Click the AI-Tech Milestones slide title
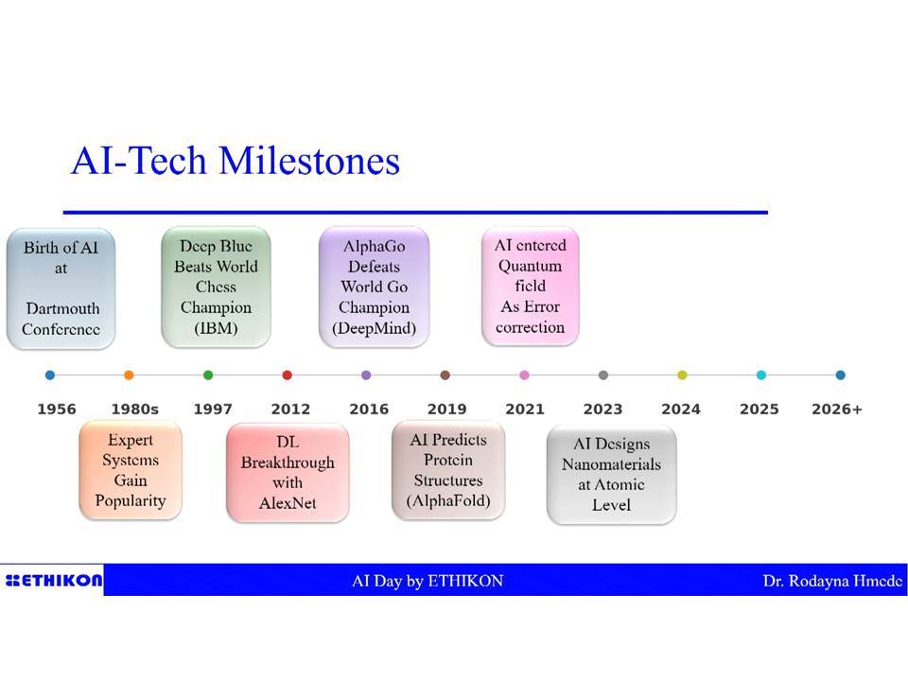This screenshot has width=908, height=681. coord(236,161)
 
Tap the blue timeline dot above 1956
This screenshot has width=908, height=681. coord(50,375)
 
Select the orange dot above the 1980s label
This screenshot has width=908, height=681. coord(130,375)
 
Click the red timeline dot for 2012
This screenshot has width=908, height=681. coord(288,375)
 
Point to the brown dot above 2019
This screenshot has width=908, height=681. coord(445,375)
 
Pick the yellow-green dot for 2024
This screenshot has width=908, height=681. coord(682,375)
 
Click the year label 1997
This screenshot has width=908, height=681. coord(213,409)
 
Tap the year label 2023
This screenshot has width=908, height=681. coord(602,409)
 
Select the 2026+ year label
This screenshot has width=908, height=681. coord(837,409)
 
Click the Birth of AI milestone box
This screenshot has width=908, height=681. coord(61,288)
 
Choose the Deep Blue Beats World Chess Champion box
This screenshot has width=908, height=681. coord(216,288)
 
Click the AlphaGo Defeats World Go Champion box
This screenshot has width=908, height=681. coord(375,288)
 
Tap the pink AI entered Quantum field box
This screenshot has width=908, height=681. coord(530,286)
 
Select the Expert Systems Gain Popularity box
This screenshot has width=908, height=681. coord(131,470)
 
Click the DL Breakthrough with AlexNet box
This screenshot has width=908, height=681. coord(288,473)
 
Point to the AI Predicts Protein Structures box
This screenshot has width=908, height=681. coord(448,470)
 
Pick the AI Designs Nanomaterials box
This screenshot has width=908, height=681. coord(612,475)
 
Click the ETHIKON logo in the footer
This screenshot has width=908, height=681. coord(54,580)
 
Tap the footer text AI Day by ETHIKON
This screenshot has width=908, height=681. coord(428,581)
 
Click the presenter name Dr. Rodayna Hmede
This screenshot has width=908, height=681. coord(832,581)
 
